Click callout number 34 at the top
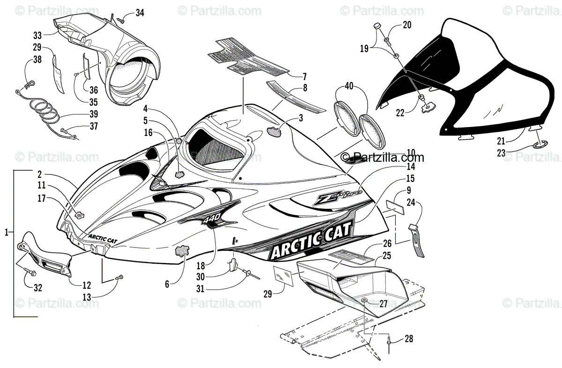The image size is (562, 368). (140, 13)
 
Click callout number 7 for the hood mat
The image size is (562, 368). (304, 76)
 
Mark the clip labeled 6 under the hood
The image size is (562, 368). (183, 252)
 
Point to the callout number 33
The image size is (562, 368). (37, 35)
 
